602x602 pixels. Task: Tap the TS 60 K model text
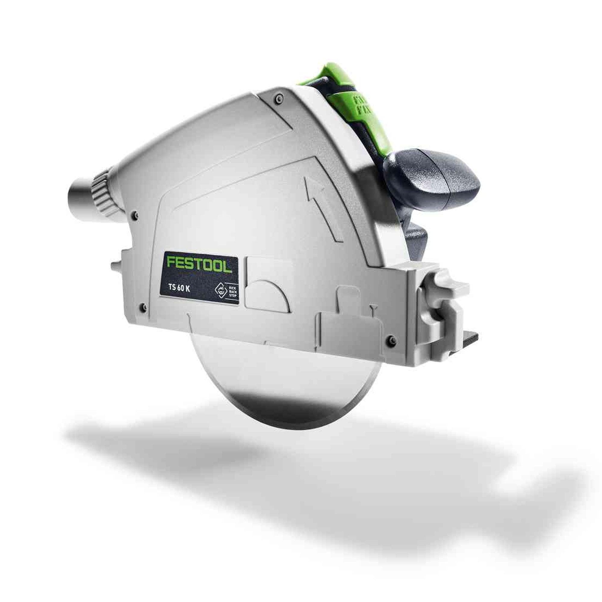point(180,289)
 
